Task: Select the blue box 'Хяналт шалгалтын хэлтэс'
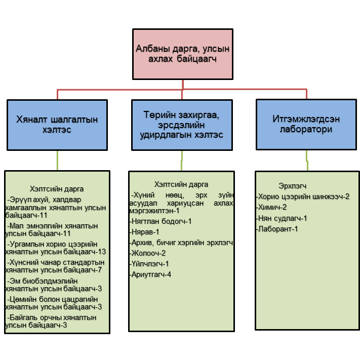[57, 125]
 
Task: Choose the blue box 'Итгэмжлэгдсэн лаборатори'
[307, 125]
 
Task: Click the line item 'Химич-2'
[272, 207]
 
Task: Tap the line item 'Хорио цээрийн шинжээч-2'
[303, 196]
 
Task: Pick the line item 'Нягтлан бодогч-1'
[161, 221]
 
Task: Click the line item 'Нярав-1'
[145, 232]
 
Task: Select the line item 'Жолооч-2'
[148, 253]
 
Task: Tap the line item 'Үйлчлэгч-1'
[150, 264]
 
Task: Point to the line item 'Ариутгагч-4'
[151, 274]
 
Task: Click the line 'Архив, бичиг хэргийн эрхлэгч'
[182, 243]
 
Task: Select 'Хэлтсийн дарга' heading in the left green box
[57, 189]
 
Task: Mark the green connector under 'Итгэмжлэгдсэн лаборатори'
[307, 162]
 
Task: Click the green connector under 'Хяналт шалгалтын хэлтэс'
[57, 160]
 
